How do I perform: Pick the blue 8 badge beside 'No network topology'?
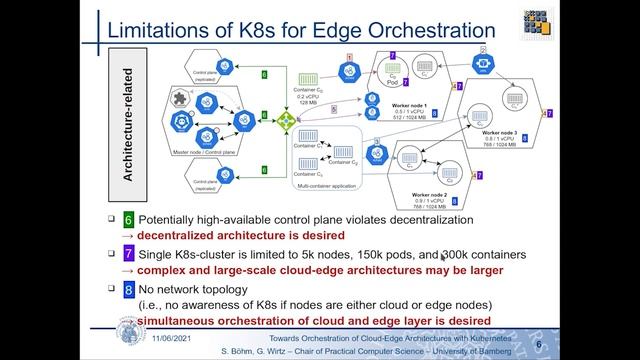pos(127,290)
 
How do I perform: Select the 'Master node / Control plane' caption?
pos(211,151)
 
